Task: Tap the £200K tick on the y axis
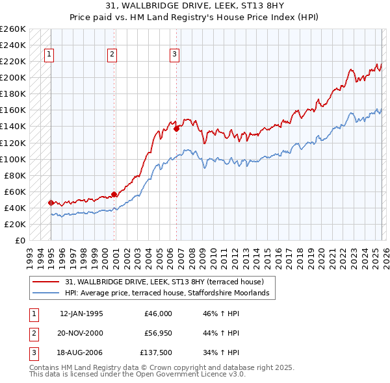[x=13, y=77]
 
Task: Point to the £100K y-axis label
[x=13, y=159]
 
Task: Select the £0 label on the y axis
[x=20, y=240]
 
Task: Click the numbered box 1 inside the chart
[x=49, y=55]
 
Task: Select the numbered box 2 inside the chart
[x=112, y=55]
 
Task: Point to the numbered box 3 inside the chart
[x=175, y=55]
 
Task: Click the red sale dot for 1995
[x=51, y=203]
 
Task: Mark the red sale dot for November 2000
[x=114, y=193]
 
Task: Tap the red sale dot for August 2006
[x=176, y=129]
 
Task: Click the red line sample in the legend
[x=47, y=282]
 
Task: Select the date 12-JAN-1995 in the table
[x=81, y=314]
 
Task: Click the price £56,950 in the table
[x=158, y=333]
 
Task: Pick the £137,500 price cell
[x=156, y=353]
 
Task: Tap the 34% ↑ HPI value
[x=222, y=353]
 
